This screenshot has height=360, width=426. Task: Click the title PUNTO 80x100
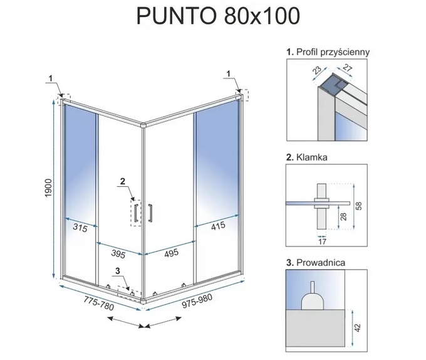(x=218, y=16)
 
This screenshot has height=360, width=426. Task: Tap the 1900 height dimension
(x=48, y=188)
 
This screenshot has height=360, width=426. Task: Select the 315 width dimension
(x=80, y=228)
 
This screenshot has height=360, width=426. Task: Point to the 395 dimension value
(x=118, y=253)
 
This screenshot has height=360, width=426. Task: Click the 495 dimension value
(x=172, y=253)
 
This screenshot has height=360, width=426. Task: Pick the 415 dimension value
(x=218, y=226)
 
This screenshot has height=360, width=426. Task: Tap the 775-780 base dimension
(x=98, y=304)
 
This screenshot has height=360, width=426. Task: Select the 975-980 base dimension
(x=197, y=302)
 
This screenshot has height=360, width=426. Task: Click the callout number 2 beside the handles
(x=123, y=181)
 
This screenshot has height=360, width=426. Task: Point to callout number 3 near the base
(x=118, y=271)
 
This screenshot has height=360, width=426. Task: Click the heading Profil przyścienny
(x=328, y=52)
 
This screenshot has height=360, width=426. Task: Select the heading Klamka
(x=307, y=157)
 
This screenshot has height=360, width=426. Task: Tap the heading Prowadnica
(x=316, y=263)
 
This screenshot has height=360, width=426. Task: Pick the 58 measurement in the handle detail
(x=359, y=206)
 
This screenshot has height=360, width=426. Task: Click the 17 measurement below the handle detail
(x=322, y=241)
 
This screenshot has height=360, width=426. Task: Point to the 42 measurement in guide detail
(x=358, y=327)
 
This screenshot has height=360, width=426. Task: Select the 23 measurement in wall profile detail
(x=317, y=69)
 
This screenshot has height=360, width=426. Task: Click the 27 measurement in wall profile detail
(x=347, y=68)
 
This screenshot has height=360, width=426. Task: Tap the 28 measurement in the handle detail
(x=343, y=216)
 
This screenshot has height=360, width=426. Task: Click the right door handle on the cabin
(x=150, y=213)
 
